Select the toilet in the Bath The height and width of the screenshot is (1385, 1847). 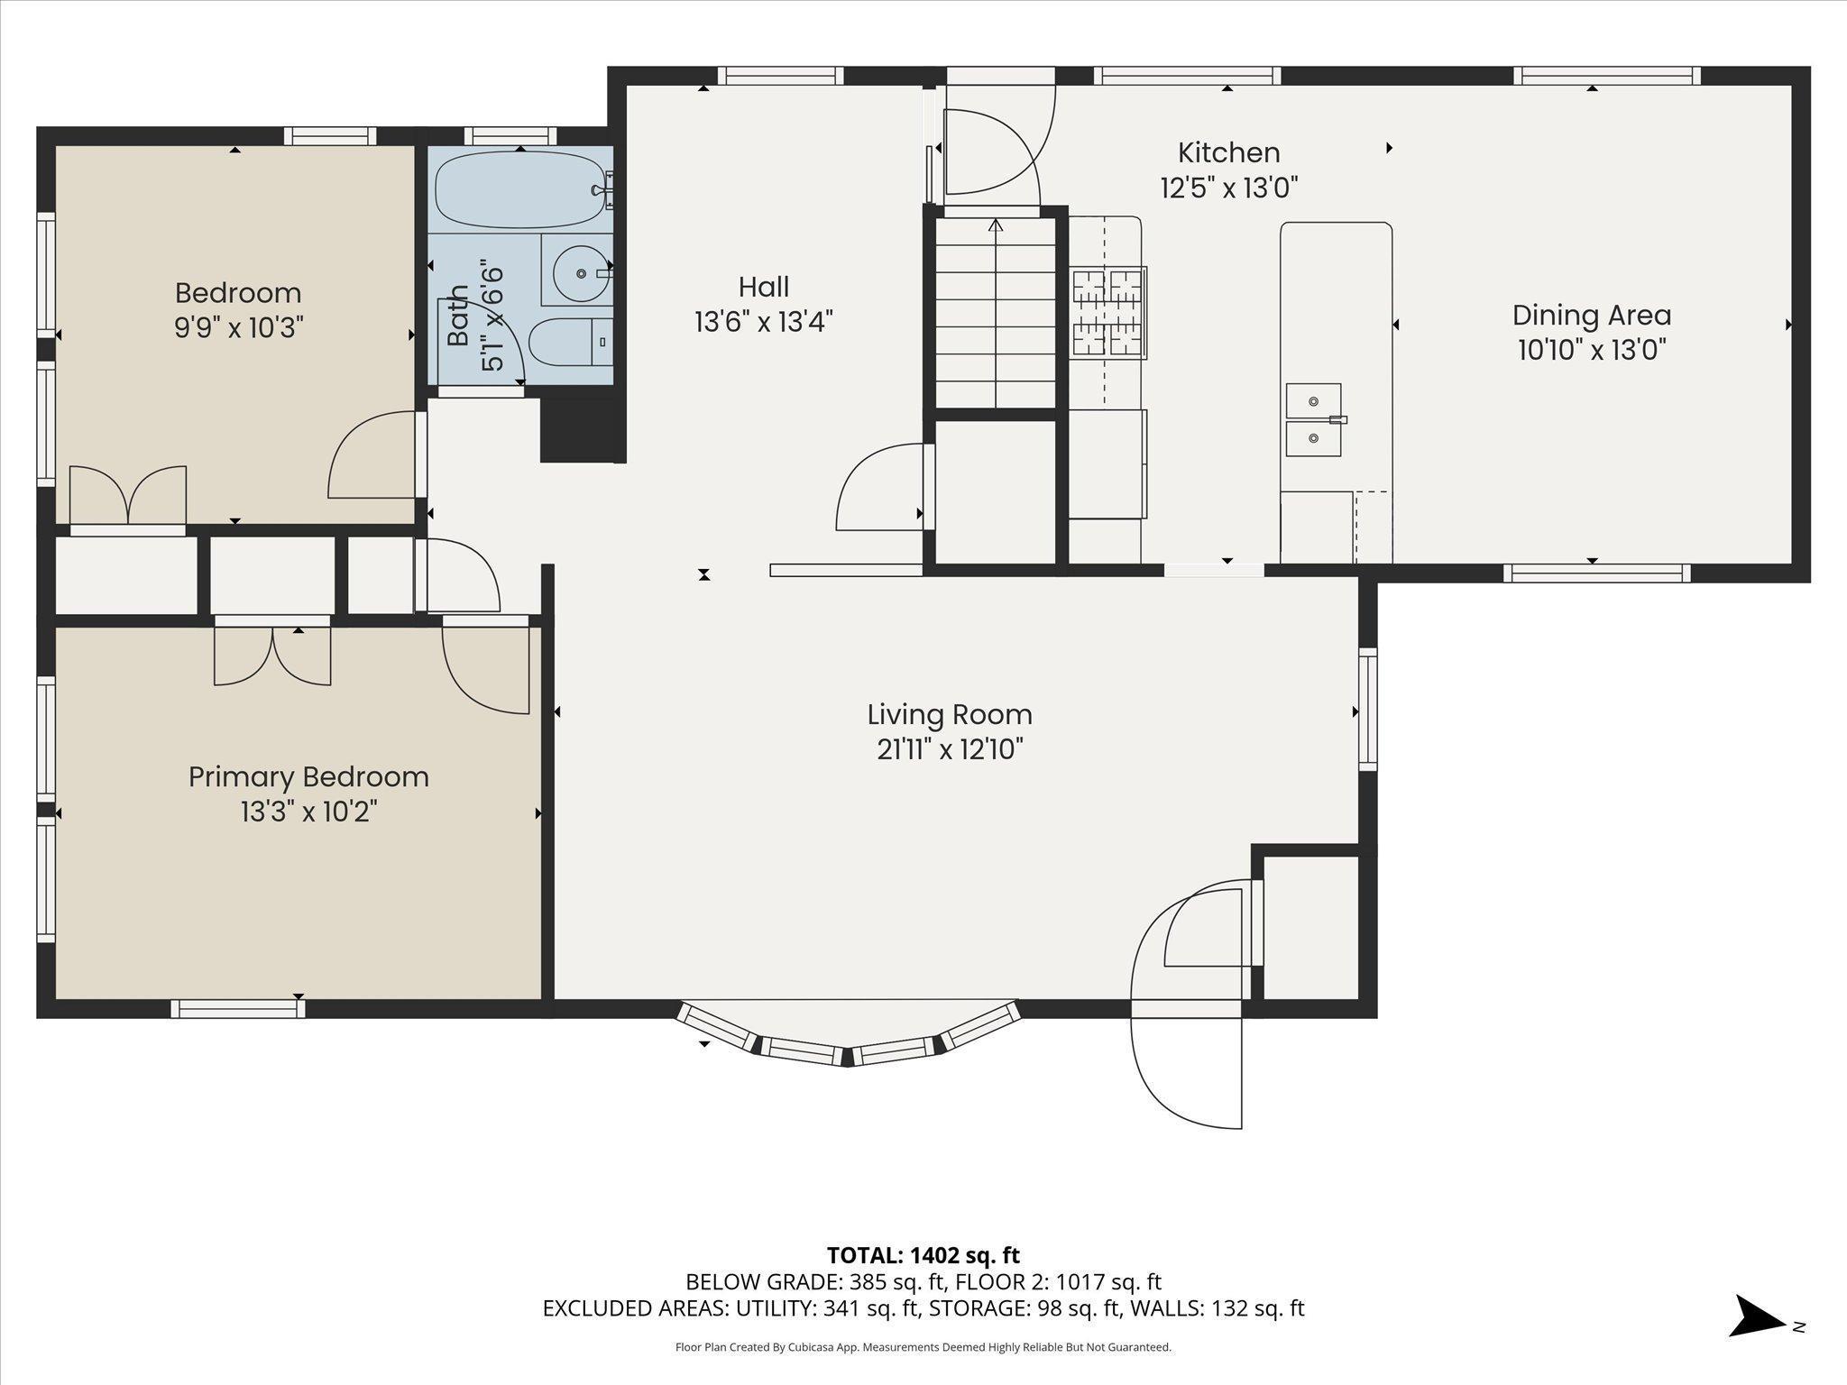pyautogui.click(x=570, y=343)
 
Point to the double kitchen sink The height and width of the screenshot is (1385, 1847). pyautogui.click(x=1313, y=419)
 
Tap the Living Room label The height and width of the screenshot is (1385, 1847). pyautogui.click(x=950, y=715)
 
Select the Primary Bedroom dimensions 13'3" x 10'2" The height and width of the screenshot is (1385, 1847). pyautogui.click(x=308, y=812)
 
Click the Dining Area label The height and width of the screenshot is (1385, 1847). pyautogui.click(x=1592, y=316)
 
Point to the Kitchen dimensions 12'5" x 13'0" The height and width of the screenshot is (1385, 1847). pyautogui.click(x=1228, y=188)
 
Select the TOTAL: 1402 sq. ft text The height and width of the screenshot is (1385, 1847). pyautogui.click(x=923, y=1254)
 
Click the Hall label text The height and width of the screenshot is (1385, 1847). pyautogui.click(x=764, y=287)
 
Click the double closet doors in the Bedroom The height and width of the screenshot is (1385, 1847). pyautogui.click(x=128, y=495)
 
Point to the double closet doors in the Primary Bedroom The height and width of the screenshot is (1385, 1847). pyautogui.click(x=272, y=655)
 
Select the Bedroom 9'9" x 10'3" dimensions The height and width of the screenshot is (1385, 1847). pyautogui.click(x=238, y=326)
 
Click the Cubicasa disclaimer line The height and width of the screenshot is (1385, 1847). pyautogui.click(x=923, y=1347)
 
